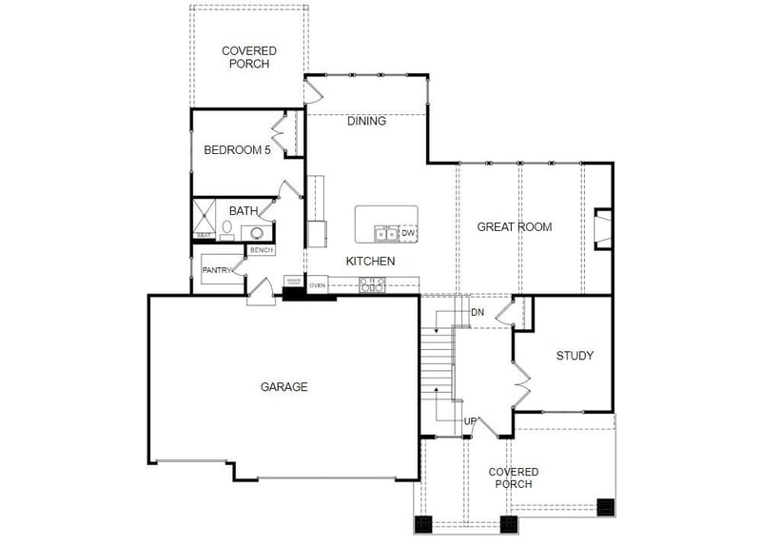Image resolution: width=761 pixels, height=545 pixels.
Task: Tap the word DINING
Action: pyautogui.click(x=366, y=121)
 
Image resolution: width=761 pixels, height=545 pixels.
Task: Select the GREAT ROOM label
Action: pyautogui.click(x=514, y=226)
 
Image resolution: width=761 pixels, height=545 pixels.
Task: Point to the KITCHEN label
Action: pyautogui.click(x=370, y=261)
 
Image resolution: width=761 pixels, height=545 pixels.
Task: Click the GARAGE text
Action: pyautogui.click(x=283, y=386)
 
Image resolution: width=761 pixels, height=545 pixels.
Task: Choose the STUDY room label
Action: pyautogui.click(x=575, y=356)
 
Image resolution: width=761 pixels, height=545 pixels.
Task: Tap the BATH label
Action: pyautogui.click(x=244, y=210)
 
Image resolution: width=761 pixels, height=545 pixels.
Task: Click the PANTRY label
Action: pyautogui.click(x=218, y=270)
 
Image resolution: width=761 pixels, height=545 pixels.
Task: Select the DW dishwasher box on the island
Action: pyautogui.click(x=408, y=233)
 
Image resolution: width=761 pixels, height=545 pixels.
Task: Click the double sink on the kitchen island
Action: pyautogui.click(x=386, y=233)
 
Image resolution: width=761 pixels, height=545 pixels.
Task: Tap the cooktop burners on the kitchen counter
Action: pyautogui.click(x=371, y=282)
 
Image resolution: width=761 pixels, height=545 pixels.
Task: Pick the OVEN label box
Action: pyautogui.click(x=318, y=284)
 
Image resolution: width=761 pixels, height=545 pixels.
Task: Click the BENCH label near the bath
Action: pyautogui.click(x=261, y=250)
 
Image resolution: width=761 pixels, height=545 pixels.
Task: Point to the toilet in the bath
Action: pyautogui.click(x=227, y=229)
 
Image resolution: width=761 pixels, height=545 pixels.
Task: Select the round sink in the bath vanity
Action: pyautogui.click(x=257, y=231)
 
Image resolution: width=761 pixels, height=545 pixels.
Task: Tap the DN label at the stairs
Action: pyautogui.click(x=477, y=312)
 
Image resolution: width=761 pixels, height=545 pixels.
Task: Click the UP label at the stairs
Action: pyautogui.click(x=470, y=420)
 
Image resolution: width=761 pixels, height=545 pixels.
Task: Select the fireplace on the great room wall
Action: pyautogui.click(x=602, y=229)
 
